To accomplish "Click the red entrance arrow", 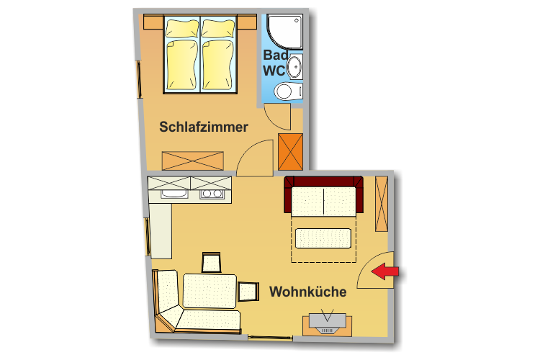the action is (384, 271).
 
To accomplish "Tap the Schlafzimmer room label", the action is (204, 127).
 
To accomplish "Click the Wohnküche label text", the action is (308, 292).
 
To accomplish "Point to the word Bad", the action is (276, 55).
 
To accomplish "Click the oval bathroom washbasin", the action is (294, 66).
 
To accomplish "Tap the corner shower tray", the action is (284, 32).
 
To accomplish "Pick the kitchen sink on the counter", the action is (174, 194).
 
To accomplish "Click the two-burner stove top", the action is (212, 194).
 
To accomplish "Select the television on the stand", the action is (327, 322).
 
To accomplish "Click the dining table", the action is (210, 291).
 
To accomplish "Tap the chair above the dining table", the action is (211, 263).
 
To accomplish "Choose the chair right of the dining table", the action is (248, 292).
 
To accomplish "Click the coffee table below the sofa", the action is (323, 238).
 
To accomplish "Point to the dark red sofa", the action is (323, 196).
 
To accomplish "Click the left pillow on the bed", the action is (182, 28).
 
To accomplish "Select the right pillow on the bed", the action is (218, 28).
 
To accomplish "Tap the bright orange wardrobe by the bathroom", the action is (290, 152).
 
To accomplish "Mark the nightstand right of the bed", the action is (247, 22).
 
